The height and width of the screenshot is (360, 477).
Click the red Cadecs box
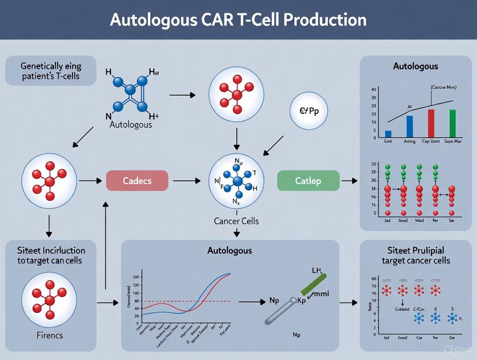click(x=137, y=180)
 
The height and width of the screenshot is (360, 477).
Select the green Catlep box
click(x=308, y=180)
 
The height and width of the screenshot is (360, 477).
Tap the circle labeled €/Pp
click(x=309, y=111)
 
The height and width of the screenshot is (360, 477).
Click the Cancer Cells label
click(x=236, y=221)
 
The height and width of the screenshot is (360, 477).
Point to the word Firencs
click(x=50, y=335)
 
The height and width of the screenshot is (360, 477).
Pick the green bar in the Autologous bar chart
click(x=452, y=124)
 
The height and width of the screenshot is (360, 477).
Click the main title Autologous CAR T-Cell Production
click(x=238, y=20)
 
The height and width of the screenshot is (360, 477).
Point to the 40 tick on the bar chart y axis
click(x=374, y=89)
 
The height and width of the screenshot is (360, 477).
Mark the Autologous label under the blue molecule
click(x=130, y=125)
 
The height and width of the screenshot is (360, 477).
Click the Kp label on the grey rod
click(x=301, y=301)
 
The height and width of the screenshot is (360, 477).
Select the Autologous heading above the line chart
click(x=229, y=251)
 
